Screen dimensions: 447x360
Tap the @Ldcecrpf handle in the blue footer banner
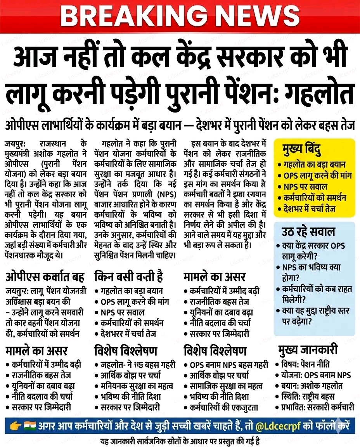point(277,427)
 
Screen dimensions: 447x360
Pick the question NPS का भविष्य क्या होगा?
point(309,272)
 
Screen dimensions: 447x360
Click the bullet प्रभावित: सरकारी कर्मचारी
point(317,407)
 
